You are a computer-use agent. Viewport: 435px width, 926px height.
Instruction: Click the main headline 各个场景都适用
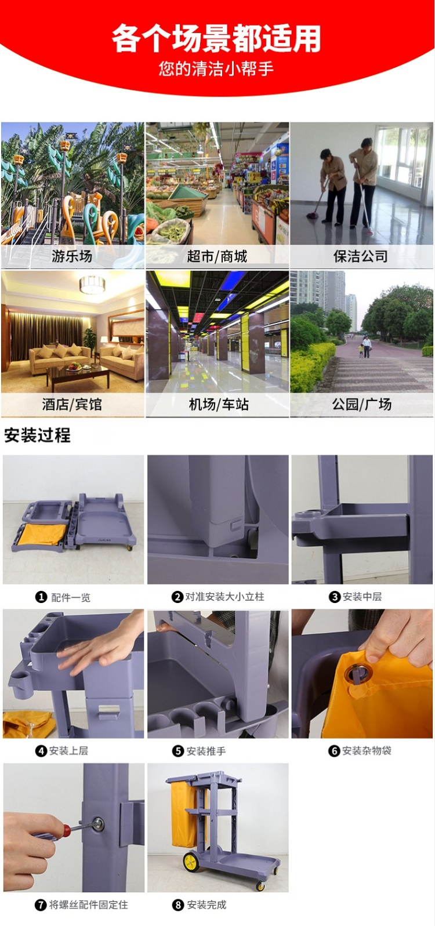pos(216,38)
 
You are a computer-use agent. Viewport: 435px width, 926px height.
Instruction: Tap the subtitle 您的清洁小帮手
pos(216,68)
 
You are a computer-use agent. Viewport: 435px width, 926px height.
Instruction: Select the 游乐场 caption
pos(72,256)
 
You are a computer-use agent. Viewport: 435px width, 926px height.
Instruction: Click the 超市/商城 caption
pos(217,256)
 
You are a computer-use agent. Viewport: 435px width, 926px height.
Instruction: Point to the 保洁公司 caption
pos(361,256)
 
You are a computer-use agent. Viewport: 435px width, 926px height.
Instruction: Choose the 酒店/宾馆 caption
pos(72,404)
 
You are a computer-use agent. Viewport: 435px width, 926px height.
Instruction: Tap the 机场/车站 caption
pos(219,404)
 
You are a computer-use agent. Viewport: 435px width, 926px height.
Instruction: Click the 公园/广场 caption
pos(362,404)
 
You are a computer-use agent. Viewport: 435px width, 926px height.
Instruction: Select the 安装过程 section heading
pos(37,435)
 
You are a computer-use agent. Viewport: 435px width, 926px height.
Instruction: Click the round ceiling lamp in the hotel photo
pos(92,285)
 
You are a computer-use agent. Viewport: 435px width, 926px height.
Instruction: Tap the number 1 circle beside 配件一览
pos(41,597)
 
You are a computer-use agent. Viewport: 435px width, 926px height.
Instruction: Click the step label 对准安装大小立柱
pos(224,597)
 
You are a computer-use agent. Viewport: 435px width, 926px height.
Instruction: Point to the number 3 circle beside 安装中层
pos(335,597)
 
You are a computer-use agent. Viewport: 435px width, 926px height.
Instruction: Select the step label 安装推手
pos(206,751)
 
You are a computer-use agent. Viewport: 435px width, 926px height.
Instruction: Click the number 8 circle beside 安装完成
pos(178,905)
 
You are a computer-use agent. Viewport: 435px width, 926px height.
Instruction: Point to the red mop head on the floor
pos(313,215)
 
